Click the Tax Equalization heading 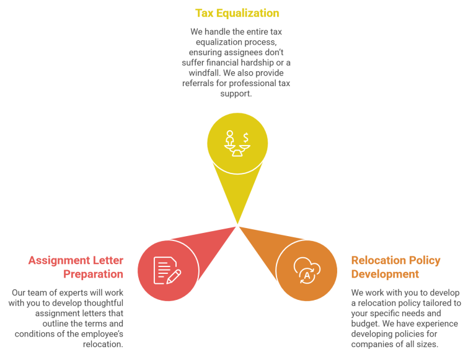point(237,13)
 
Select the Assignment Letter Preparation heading point(76,266)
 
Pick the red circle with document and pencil point(167,270)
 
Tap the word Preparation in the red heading point(93,273)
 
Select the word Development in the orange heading point(385,273)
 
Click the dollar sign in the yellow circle point(246,137)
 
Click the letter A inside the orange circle point(306,274)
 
